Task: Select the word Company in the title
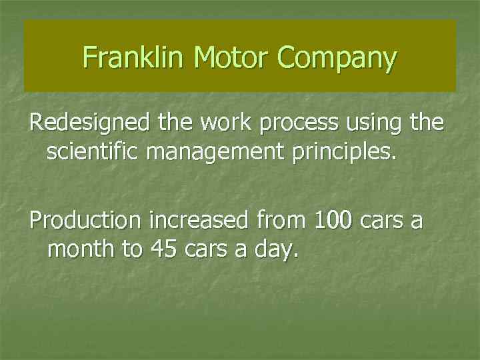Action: coord(337,59)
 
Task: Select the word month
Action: coord(79,250)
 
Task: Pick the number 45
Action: coord(165,250)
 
